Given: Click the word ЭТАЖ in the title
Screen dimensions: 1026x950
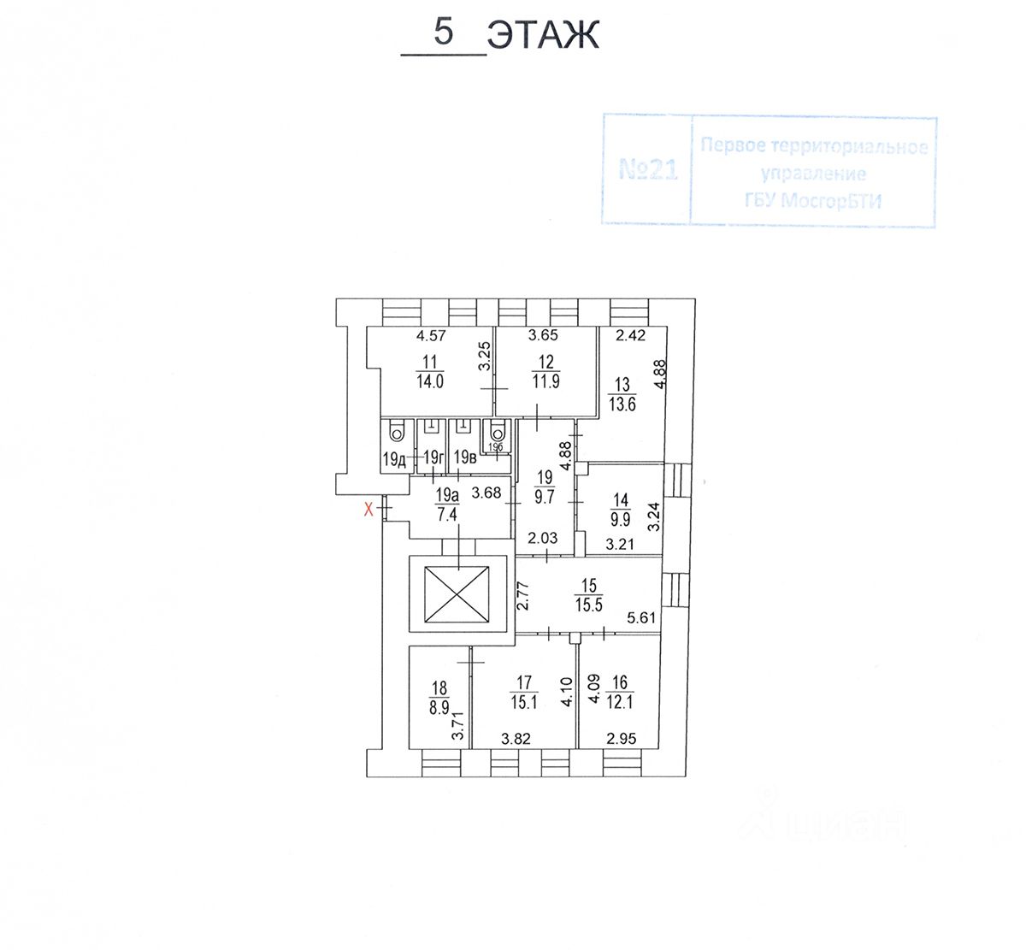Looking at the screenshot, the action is (542, 36).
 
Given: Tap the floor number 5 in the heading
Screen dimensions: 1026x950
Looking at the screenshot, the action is (443, 32).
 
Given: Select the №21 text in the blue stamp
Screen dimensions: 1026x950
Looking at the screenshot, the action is (647, 170).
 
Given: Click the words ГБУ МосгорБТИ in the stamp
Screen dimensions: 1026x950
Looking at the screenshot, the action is (813, 202).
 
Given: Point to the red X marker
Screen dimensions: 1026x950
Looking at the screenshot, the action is (369, 510).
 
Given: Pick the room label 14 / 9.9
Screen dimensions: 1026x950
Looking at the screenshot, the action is (620, 506).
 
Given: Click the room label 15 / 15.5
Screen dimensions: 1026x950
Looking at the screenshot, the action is (589, 593).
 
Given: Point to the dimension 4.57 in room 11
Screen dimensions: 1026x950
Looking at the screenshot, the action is (432, 336).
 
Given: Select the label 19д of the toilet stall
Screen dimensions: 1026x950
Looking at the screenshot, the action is (394, 459).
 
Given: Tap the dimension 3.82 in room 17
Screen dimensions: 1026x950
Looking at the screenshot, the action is (516, 740).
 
